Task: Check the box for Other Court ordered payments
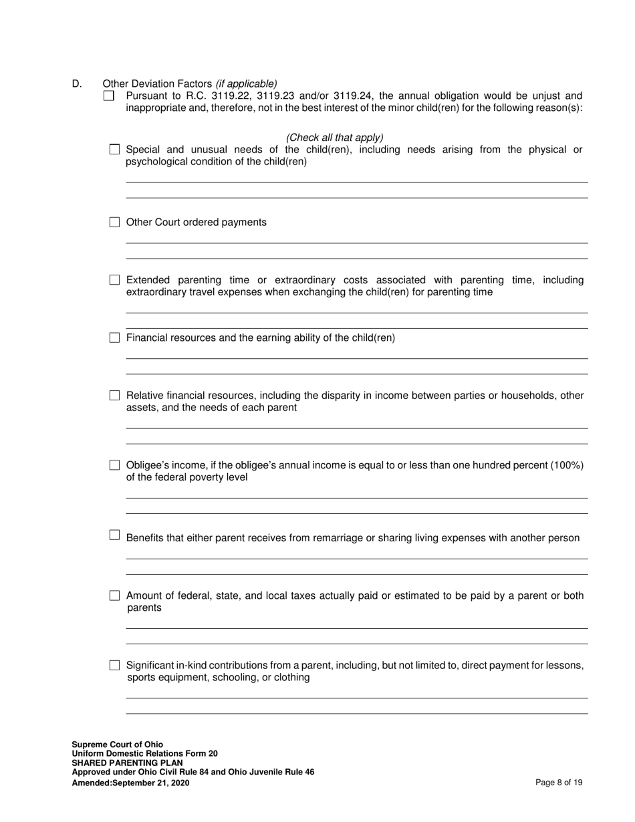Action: tap(114, 223)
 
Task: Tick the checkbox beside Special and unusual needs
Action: tap(114, 150)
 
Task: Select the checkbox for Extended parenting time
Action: tap(114, 280)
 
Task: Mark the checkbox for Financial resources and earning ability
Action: tap(114, 338)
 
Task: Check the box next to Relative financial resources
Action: tap(114, 396)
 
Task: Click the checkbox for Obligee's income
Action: tap(114, 465)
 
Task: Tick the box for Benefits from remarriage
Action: tap(114, 535)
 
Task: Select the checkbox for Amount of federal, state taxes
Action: tap(114, 595)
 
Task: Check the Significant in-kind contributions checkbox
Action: tap(114, 666)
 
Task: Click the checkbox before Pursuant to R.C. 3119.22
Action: tap(109, 96)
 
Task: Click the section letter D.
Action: tap(77, 84)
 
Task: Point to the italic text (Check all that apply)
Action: tap(334, 138)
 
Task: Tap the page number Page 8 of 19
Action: tap(559, 783)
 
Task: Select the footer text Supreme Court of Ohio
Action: tap(117, 744)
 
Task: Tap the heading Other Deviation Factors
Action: tap(158, 84)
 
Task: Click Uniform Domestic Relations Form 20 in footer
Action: tap(144, 753)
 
